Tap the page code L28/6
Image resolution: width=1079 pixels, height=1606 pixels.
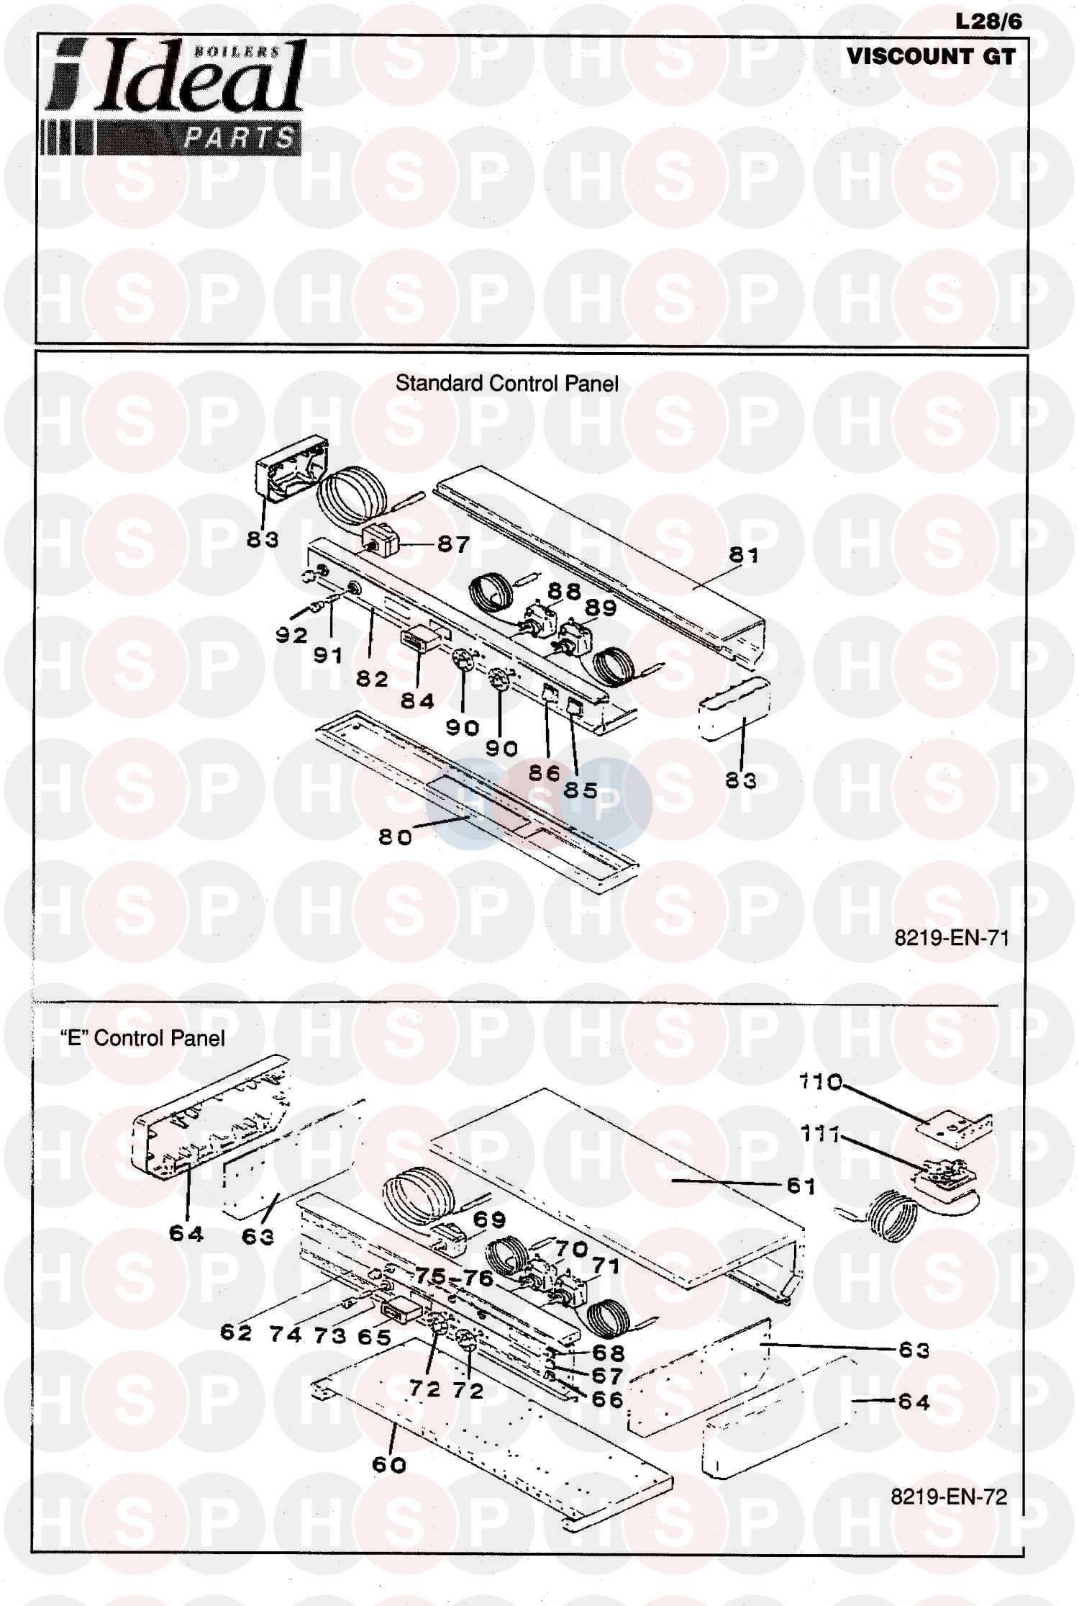(x=988, y=22)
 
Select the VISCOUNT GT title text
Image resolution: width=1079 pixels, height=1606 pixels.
(x=931, y=56)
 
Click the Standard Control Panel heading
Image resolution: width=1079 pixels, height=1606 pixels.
(x=506, y=383)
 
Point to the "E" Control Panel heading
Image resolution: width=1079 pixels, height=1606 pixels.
(x=142, y=1037)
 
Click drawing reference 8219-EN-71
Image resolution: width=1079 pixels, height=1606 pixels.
(x=952, y=937)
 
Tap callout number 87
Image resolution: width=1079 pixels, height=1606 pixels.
(x=453, y=544)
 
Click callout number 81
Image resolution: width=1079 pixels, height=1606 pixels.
(x=744, y=554)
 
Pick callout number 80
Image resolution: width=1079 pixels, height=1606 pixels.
(x=395, y=836)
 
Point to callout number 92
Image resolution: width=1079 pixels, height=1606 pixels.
(x=291, y=635)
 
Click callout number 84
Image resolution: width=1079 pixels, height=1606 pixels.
(x=417, y=700)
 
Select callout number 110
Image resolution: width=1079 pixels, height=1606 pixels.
(x=820, y=1081)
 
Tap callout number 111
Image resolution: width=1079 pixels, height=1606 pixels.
(x=820, y=1134)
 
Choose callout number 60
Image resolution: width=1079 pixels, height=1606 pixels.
(x=389, y=1464)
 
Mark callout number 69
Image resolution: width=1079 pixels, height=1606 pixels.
(x=489, y=1219)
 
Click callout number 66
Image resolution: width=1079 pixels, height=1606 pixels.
(x=606, y=1399)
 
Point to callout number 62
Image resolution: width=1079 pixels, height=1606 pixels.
(x=236, y=1332)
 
